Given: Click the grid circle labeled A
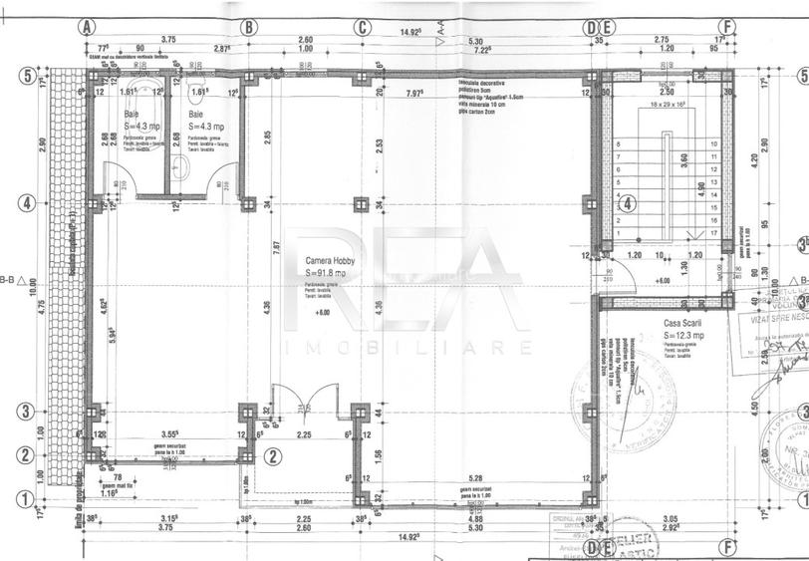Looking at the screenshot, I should point(89,27).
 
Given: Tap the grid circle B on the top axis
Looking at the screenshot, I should point(249,27).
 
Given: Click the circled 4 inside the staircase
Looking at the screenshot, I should point(628,205).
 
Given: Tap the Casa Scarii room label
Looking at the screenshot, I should point(683,324).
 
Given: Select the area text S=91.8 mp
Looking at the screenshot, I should point(326,272).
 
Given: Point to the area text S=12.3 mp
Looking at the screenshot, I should point(685,336).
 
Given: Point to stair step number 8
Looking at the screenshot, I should point(620,143).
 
